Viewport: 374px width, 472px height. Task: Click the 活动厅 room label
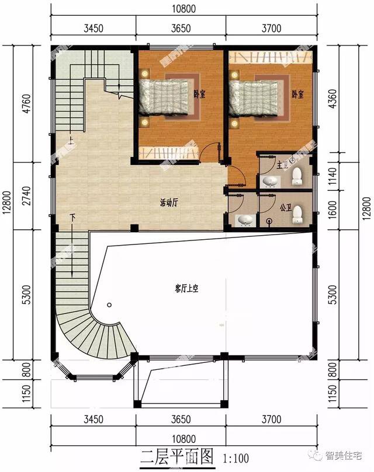(x=168, y=203)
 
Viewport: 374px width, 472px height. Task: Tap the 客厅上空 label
(x=186, y=287)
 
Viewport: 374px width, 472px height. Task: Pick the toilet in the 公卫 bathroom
(x=297, y=214)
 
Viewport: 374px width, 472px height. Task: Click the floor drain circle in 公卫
(x=269, y=221)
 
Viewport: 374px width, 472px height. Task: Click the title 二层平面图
(x=175, y=456)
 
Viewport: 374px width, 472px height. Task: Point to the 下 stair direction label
(x=72, y=217)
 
